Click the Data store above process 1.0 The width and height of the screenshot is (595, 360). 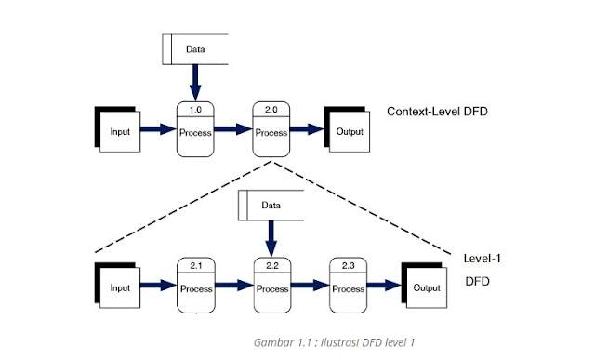point(195,49)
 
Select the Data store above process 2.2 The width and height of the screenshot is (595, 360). point(271,205)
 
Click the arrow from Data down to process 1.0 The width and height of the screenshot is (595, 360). point(195,82)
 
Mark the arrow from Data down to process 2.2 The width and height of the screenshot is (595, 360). point(271,238)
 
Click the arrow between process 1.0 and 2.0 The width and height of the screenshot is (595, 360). point(233,131)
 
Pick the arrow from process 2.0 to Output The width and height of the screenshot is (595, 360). point(307,131)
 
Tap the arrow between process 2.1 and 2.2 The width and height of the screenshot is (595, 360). point(233,287)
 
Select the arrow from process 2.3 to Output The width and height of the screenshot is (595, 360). point(384,287)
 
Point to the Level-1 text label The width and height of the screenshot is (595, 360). point(483,257)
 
